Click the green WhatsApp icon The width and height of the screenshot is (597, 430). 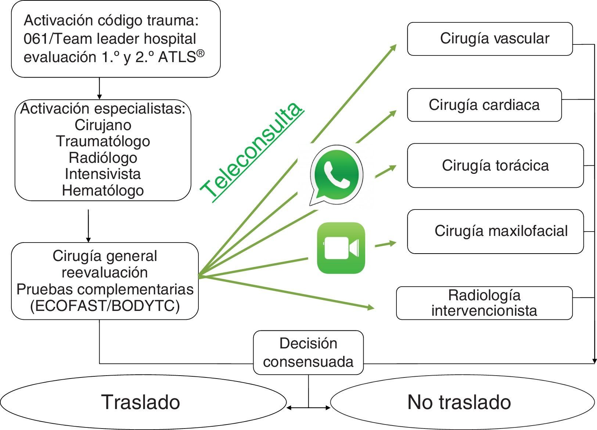click(x=336, y=175)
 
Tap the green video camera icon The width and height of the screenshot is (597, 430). click(x=341, y=248)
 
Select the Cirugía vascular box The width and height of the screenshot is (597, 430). click(x=490, y=39)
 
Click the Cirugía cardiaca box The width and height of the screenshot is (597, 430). click(x=484, y=105)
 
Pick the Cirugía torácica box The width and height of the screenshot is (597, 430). click(x=495, y=165)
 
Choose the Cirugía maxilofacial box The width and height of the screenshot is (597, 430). click(x=495, y=232)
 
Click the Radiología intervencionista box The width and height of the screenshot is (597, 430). click(x=484, y=303)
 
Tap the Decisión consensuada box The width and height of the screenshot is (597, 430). click(x=308, y=352)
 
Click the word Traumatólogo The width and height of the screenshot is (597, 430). click(x=103, y=141)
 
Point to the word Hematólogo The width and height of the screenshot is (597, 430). click(x=103, y=190)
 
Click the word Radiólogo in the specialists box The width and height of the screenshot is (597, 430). click(x=103, y=158)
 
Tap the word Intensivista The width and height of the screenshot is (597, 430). click(x=103, y=174)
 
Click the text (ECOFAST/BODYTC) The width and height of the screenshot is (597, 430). click(x=105, y=306)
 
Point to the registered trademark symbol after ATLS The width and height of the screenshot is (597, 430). click(x=200, y=54)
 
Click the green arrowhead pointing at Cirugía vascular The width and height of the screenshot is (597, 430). click(x=393, y=47)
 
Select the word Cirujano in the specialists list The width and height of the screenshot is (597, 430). click(x=103, y=125)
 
